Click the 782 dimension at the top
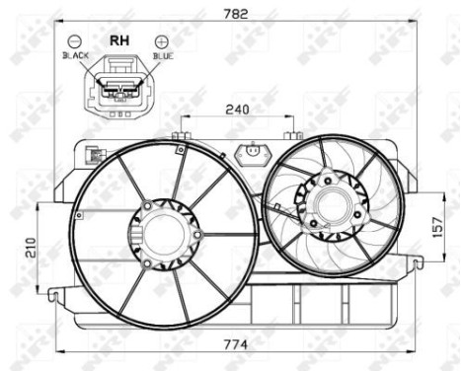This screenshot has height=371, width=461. point(235,13)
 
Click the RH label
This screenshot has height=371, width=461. point(118,40)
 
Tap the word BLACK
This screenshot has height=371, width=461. point(75,57)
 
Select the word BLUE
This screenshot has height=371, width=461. point(163,57)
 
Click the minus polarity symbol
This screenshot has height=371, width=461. point(75,41)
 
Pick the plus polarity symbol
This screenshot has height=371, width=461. point(162,41)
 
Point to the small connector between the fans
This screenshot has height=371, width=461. point(254,152)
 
